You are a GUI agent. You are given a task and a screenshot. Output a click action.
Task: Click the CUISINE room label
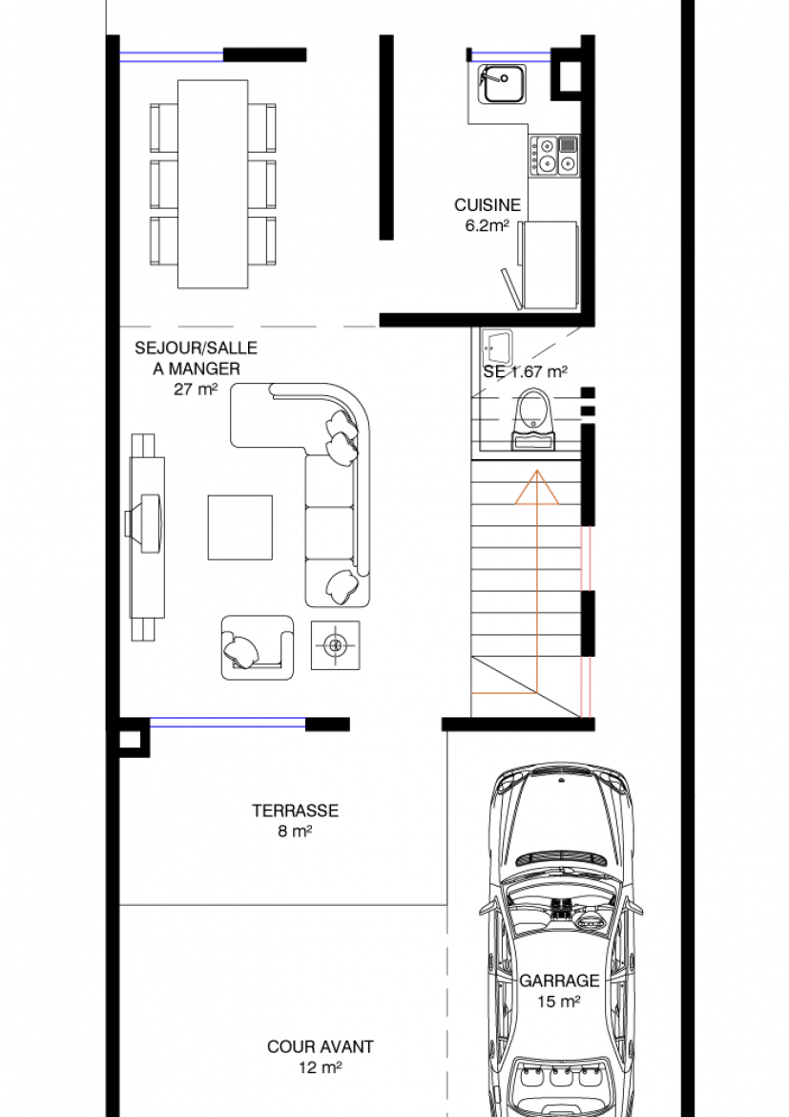(488, 205)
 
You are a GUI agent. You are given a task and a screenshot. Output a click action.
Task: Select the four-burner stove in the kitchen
(553, 156)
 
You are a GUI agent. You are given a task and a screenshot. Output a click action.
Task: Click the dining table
(213, 184)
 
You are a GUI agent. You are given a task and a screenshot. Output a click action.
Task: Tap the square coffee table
(240, 527)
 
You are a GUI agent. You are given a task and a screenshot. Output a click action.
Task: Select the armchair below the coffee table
(257, 647)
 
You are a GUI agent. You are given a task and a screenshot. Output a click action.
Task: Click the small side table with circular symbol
(335, 645)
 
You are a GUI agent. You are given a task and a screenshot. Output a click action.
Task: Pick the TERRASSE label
(296, 811)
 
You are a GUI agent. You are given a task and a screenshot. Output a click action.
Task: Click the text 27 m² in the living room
(196, 390)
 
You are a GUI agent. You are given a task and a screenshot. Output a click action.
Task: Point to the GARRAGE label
(559, 980)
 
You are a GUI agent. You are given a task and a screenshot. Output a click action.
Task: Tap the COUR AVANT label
(321, 1047)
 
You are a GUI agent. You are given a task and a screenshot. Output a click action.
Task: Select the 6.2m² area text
(488, 226)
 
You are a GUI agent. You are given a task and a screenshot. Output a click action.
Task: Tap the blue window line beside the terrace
(228, 723)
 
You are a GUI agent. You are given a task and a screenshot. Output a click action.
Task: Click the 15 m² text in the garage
(559, 1001)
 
